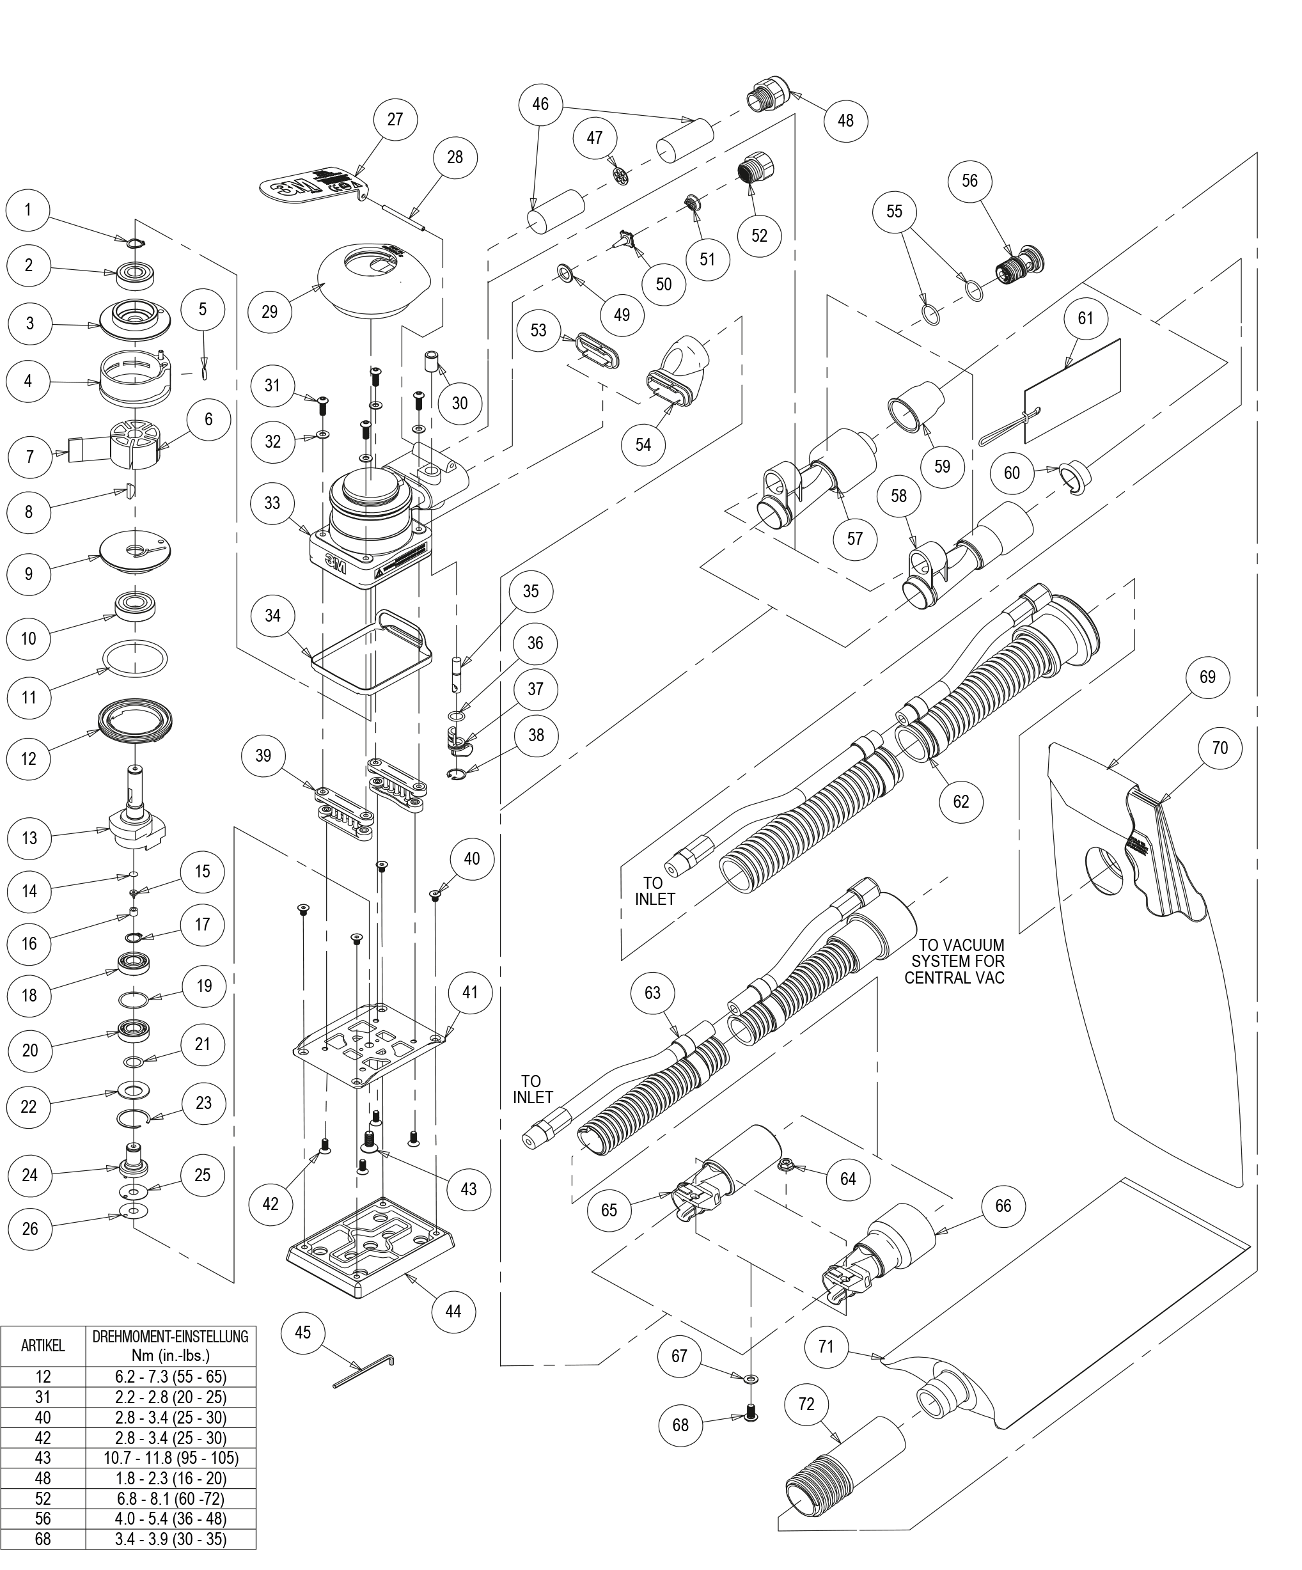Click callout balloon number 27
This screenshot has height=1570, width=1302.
coord(395,120)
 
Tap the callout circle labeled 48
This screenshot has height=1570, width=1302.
coord(845,120)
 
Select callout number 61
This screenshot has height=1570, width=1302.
coord(1085,318)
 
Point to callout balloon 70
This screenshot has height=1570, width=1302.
coord(1220,747)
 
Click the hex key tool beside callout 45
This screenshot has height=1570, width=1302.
coord(364,1372)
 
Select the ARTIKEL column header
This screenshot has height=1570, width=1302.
coord(43,1346)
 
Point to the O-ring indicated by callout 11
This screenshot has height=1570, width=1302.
coord(134,658)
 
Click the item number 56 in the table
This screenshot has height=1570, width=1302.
coord(43,1518)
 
